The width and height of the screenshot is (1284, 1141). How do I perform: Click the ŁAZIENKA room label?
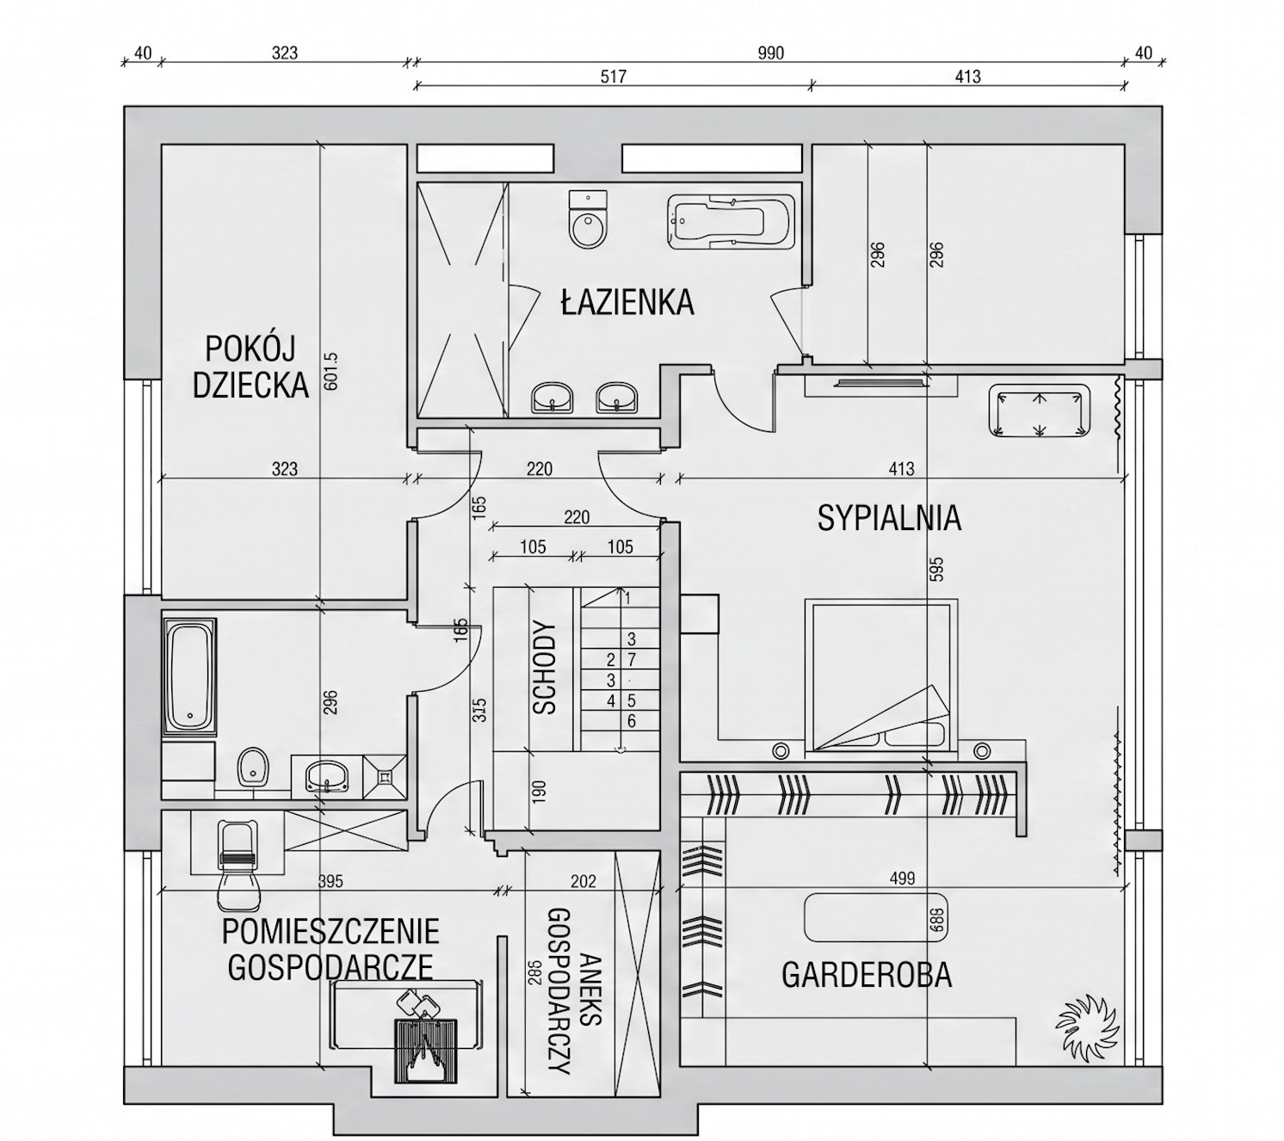(627, 303)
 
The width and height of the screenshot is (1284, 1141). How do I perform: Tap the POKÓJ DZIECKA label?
(250, 367)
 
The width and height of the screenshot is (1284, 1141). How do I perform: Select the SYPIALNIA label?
(889, 519)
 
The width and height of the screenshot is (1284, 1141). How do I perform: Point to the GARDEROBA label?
(867, 975)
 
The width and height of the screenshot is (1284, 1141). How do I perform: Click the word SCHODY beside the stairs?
(545, 669)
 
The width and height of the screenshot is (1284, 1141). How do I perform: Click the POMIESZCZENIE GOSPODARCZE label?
(330, 949)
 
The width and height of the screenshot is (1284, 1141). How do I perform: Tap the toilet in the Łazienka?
(589, 220)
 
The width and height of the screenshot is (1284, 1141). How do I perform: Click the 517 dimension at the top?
(612, 77)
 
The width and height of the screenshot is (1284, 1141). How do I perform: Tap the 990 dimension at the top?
(770, 54)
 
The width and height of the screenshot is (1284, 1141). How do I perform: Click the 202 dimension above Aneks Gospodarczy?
(583, 882)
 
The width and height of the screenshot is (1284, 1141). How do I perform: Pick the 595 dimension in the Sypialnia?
(937, 570)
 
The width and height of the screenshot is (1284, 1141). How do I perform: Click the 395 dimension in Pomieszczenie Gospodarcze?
(330, 882)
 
